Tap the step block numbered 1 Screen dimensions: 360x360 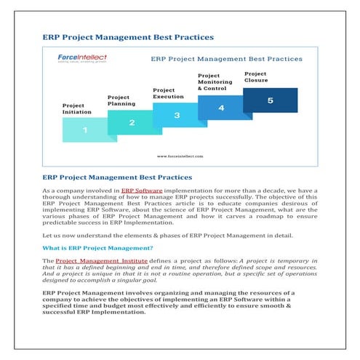(85, 130)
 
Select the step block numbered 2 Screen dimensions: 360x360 (132, 122)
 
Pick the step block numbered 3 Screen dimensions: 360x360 (177, 115)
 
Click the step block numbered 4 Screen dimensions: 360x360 (221, 108)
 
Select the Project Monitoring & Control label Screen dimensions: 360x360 (217, 81)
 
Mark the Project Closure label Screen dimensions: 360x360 (255, 76)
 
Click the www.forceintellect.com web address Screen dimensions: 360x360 (180, 155)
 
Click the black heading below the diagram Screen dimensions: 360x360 (117, 177)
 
